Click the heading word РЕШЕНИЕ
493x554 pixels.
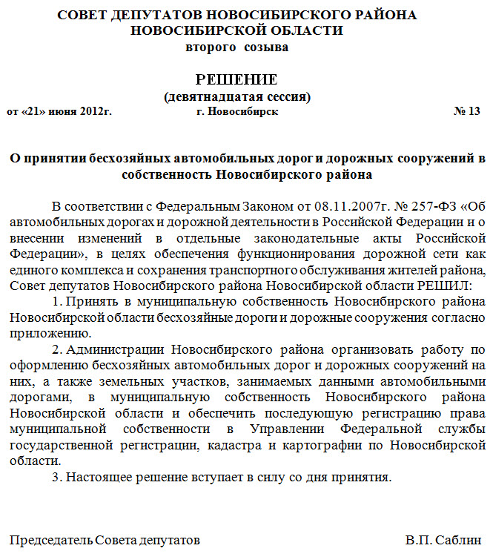click(x=236, y=79)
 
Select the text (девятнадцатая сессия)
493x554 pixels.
click(x=236, y=96)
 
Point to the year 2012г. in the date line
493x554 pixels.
click(x=93, y=111)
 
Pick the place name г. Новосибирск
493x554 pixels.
click(x=237, y=111)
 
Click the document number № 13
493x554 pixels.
click(x=466, y=111)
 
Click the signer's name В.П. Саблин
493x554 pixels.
click(x=443, y=540)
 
